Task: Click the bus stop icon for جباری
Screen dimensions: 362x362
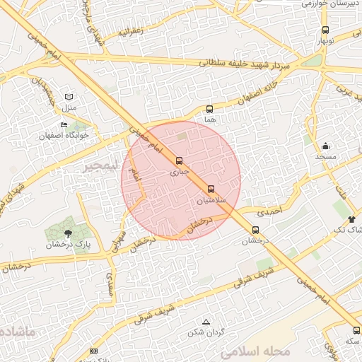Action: (x=179, y=160)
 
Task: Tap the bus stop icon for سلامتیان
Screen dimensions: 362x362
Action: (x=211, y=188)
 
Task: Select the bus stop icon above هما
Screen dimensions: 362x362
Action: (x=209, y=109)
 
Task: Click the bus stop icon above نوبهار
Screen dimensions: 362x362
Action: (x=325, y=30)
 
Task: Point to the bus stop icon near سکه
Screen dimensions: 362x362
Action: (x=356, y=330)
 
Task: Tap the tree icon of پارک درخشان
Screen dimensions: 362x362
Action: (x=68, y=232)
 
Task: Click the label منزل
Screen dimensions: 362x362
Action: (x=68, y=107)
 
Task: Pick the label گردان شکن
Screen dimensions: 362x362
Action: (x=206, y=332)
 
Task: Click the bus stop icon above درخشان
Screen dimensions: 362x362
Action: (x=255, y=229)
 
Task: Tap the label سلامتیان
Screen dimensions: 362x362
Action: (x=211, y=199)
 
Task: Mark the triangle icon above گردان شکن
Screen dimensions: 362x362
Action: (x=206, y=321)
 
